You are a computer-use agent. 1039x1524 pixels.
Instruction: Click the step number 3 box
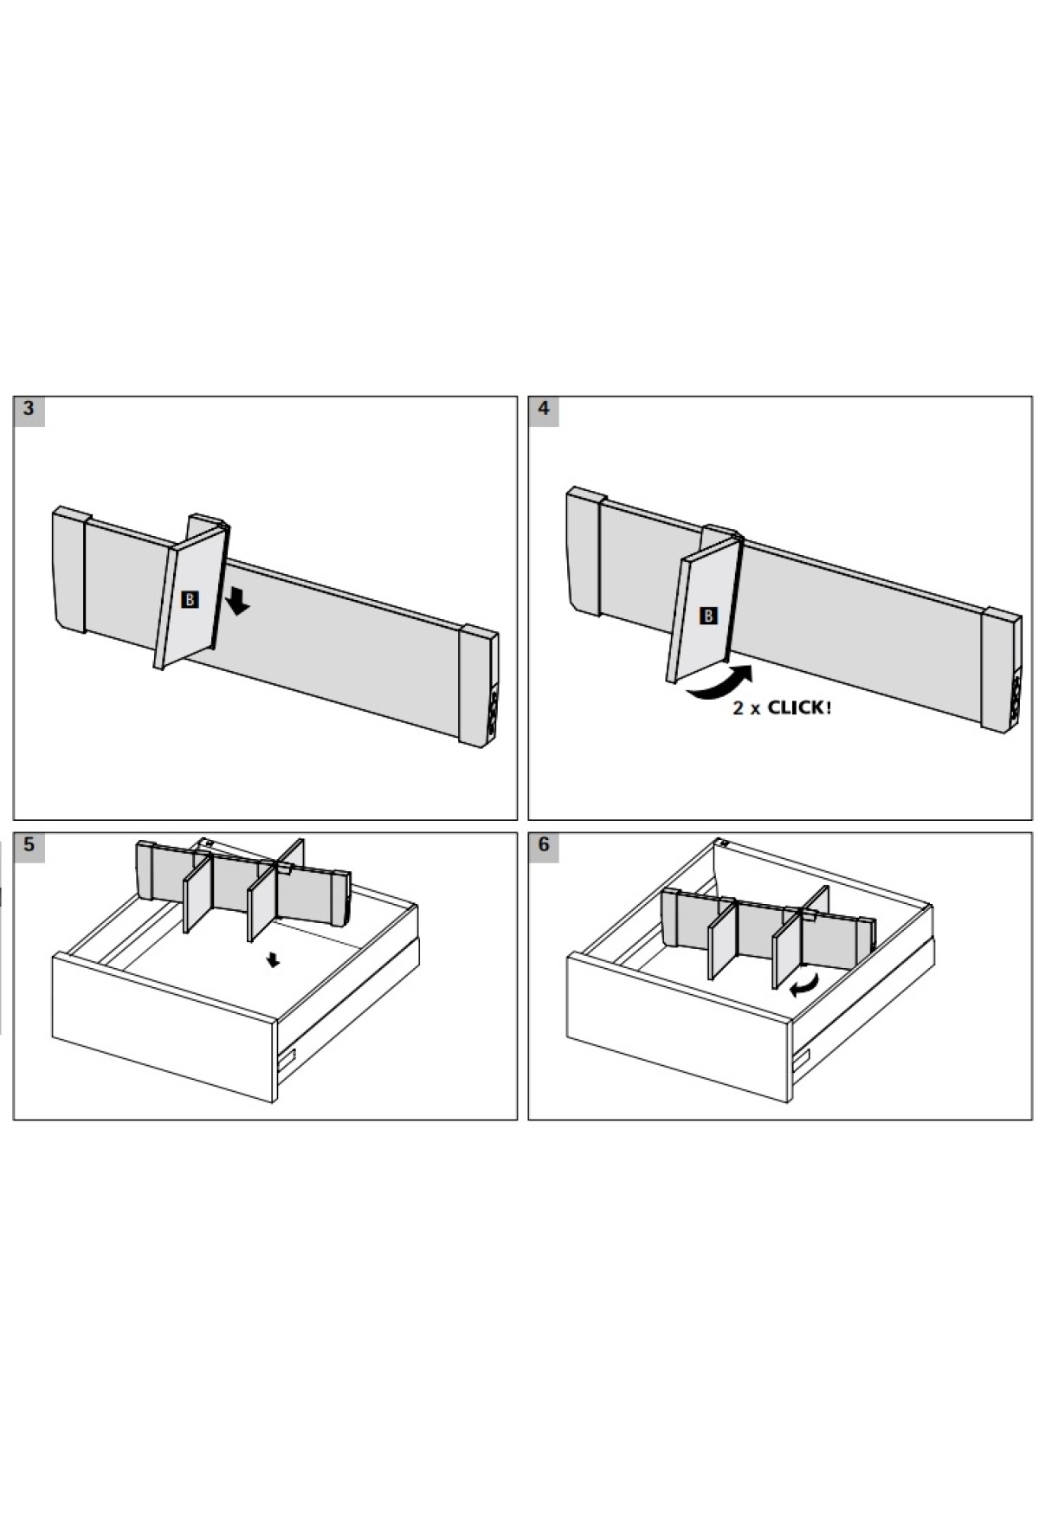coord(29,410)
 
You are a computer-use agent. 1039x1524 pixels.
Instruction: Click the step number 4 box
coord(544,410)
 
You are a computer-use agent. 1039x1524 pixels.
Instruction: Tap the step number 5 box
coord(29,846)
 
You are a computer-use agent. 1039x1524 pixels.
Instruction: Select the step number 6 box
coord(544,846)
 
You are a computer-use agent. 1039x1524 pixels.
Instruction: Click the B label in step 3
coord(190,598)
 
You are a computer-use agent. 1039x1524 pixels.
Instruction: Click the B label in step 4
coord(708,616)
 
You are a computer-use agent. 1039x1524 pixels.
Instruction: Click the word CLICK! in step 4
coord(799,708)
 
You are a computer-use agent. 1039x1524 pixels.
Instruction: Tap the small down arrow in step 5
coord(274,960)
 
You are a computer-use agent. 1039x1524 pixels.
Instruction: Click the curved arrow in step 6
coord(804,985)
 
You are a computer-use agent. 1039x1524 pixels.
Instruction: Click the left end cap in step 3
coord(69,570)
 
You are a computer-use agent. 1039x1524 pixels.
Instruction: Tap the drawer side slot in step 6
coord(801,1057)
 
